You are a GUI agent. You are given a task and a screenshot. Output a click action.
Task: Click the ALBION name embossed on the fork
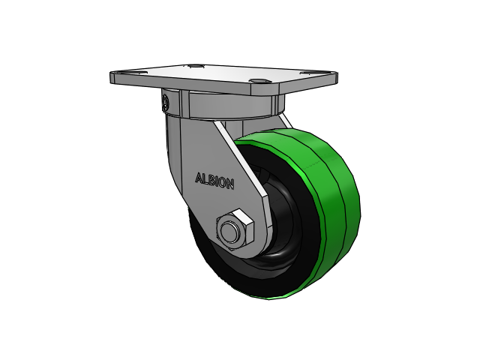click(x=215, y=181)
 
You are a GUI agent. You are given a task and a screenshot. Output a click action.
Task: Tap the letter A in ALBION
click(x=199, y=178)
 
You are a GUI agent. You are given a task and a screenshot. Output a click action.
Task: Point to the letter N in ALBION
click(x=230, y=184)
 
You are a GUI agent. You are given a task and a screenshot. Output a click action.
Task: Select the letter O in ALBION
click(x=223, y=183)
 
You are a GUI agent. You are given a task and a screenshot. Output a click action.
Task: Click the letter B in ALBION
click(x=211, y=180)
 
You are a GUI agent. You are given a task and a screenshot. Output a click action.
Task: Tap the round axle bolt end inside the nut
click(x=229, y=232)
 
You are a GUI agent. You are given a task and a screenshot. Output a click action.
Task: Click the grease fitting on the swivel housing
click(x=165, y=102)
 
